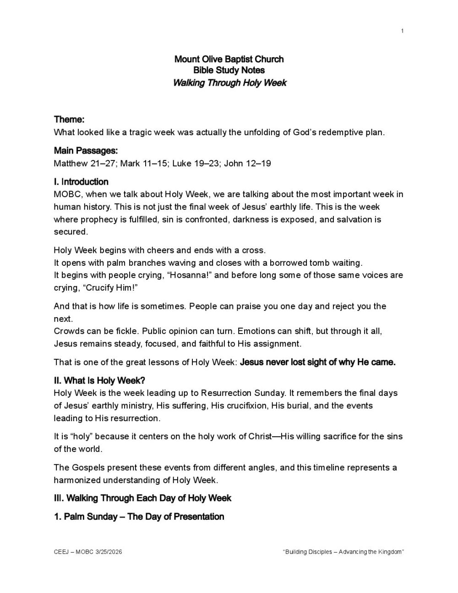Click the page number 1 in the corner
point(402,31)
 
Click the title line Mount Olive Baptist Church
point(229,59)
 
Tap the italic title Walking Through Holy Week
point(229,83)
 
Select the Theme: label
point(69,120)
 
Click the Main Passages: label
point(86,151)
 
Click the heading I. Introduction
point(81,182)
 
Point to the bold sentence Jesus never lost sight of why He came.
point(318,362)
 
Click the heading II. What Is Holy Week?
point(99,381)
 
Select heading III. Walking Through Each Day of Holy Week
point(142,498)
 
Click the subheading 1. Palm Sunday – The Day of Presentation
point(139,517)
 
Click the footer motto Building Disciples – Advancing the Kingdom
point(343,552)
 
